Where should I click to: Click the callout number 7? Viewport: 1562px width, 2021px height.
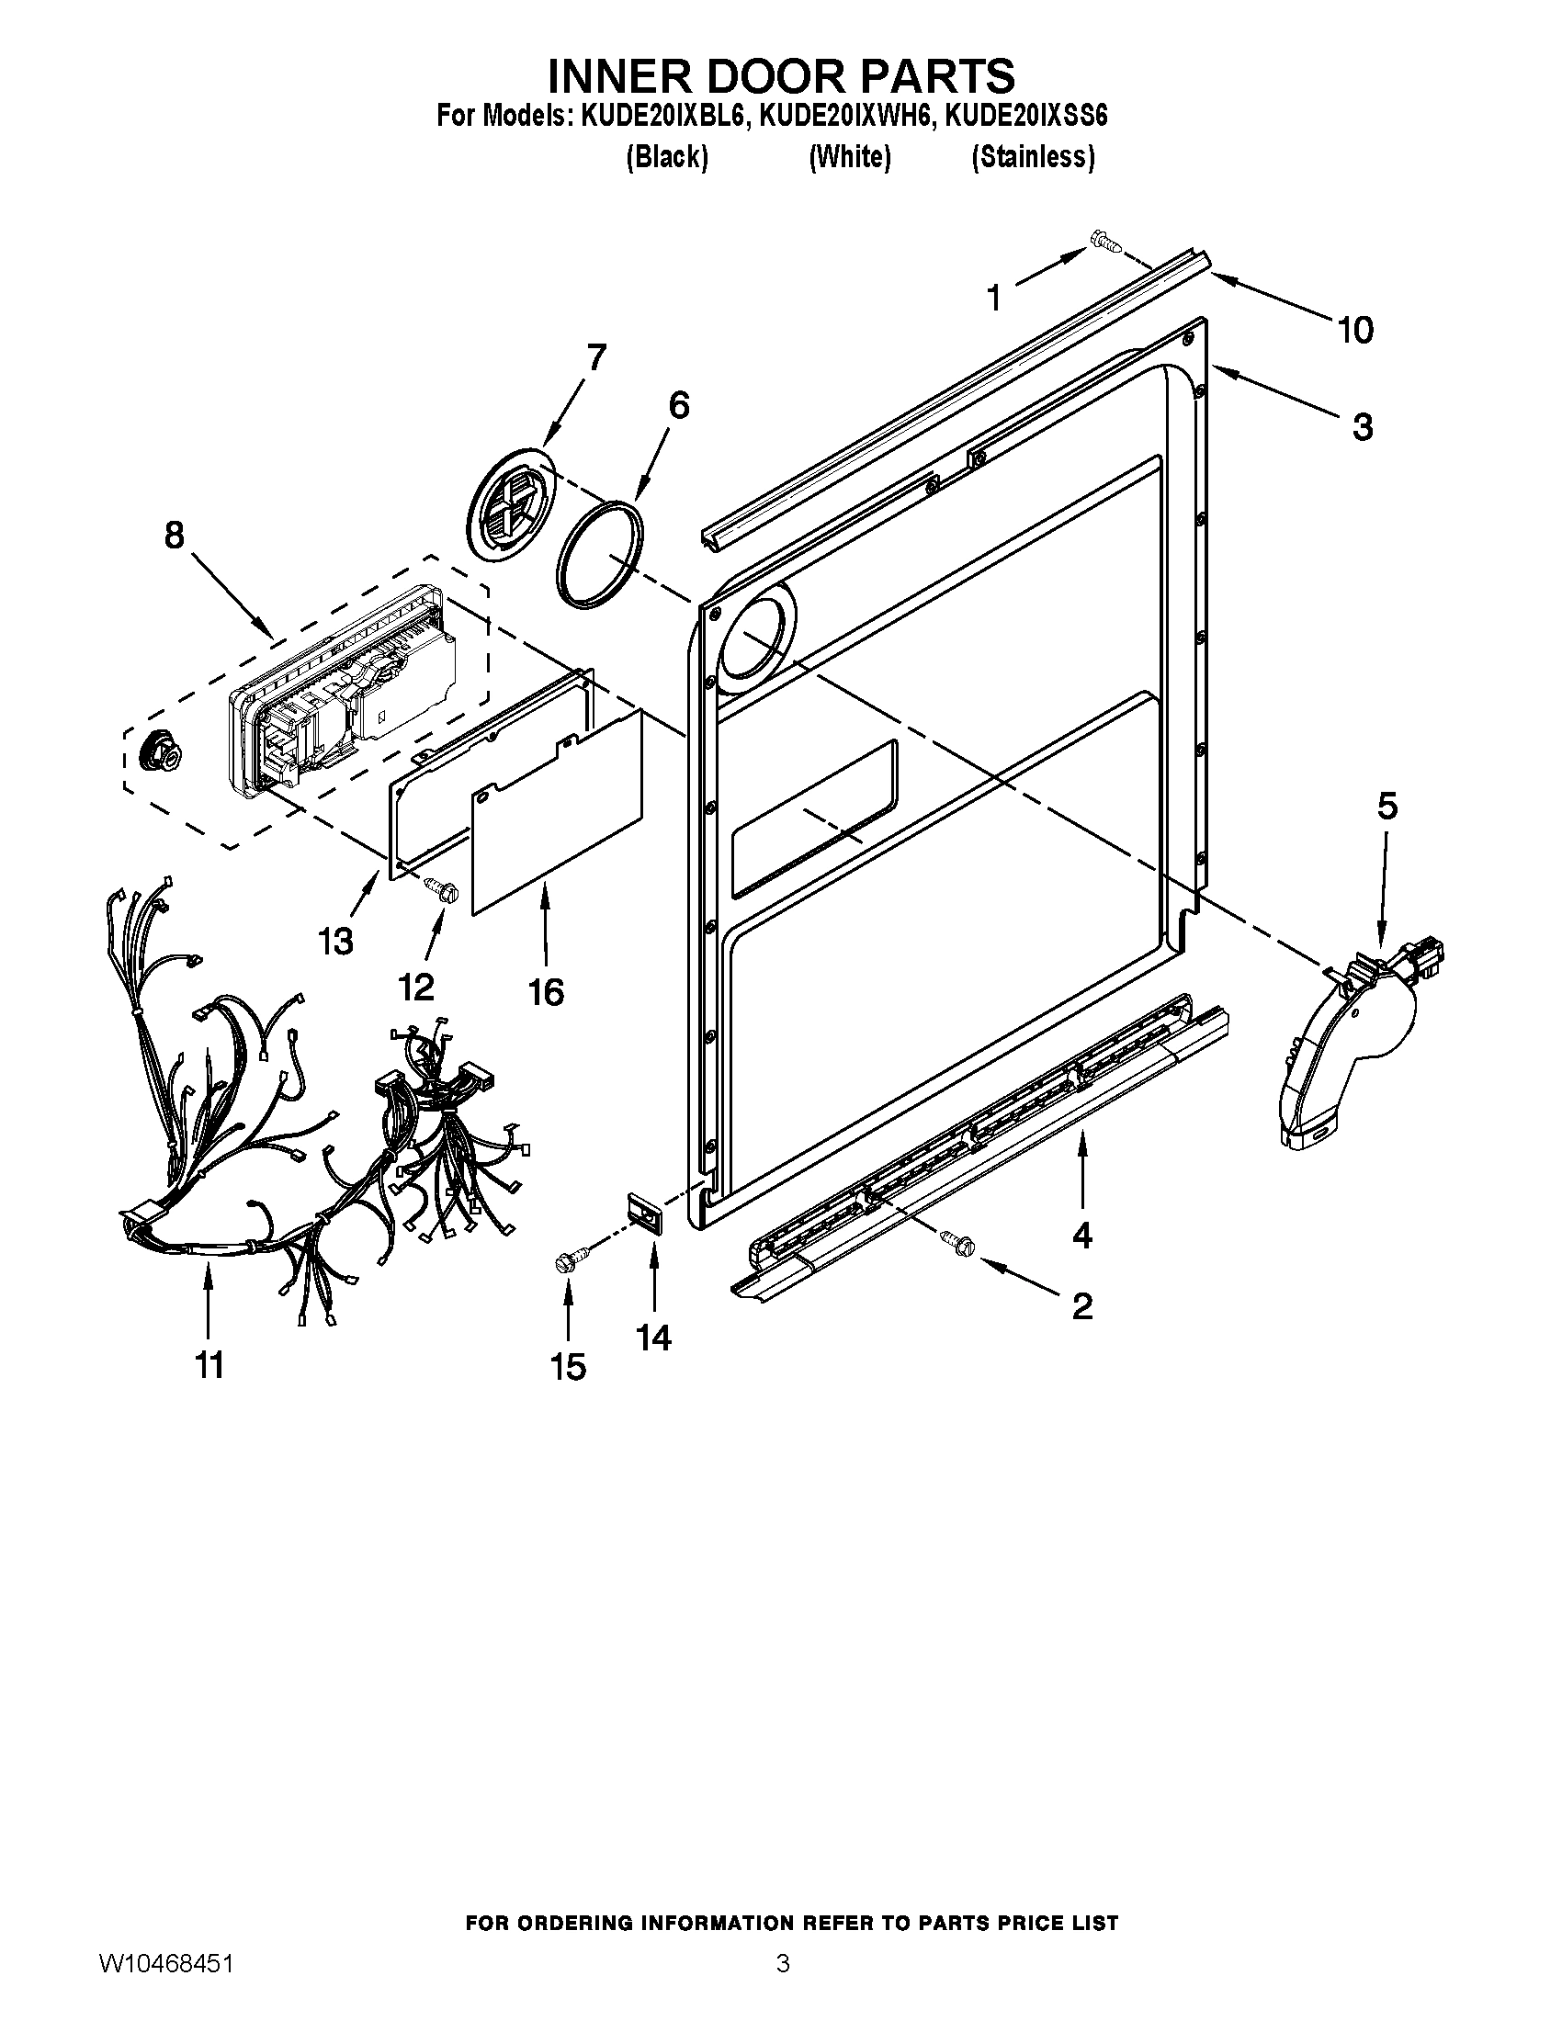coord(596,357)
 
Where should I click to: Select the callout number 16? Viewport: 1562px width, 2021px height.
coord(546,992)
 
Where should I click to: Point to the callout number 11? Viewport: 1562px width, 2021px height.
coord(209,1365)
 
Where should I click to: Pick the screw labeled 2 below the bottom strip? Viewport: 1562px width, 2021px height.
coord(956,1243)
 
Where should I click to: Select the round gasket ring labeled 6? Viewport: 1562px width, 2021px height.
coord(600,554)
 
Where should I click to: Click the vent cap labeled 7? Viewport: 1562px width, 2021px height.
coord(512,503)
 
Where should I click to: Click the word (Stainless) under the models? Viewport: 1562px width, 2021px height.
coord(1033,157)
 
